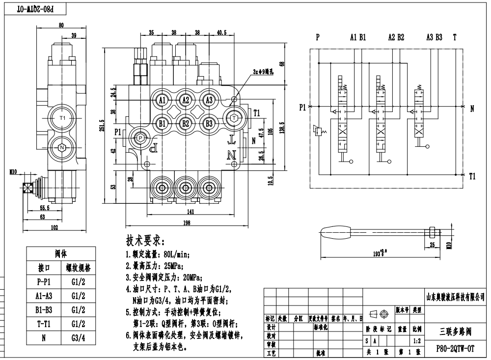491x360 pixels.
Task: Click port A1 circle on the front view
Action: (x=162, y=100)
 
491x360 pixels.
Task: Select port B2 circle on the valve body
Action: (x=186, y=123)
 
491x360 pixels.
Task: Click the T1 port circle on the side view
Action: (x=62, y=118)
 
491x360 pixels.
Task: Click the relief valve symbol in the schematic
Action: (x=319, y=131)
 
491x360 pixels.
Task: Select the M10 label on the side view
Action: (x=13, y=171)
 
